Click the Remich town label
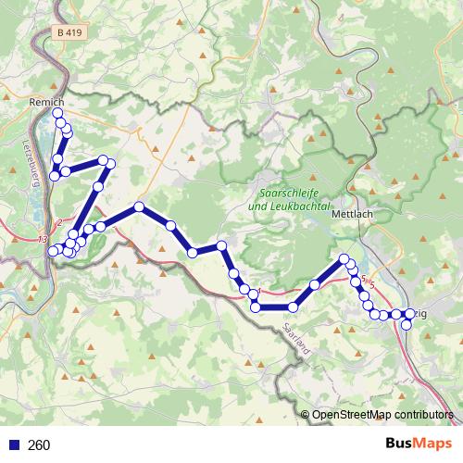[45, 102]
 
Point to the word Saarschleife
[290, 194]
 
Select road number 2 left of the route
[59, 222]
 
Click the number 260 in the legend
[39, 445]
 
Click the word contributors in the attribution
[424, 415]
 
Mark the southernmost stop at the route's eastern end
[406, 325]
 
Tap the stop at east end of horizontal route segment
[293, 307]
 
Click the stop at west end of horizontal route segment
[256, 307]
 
